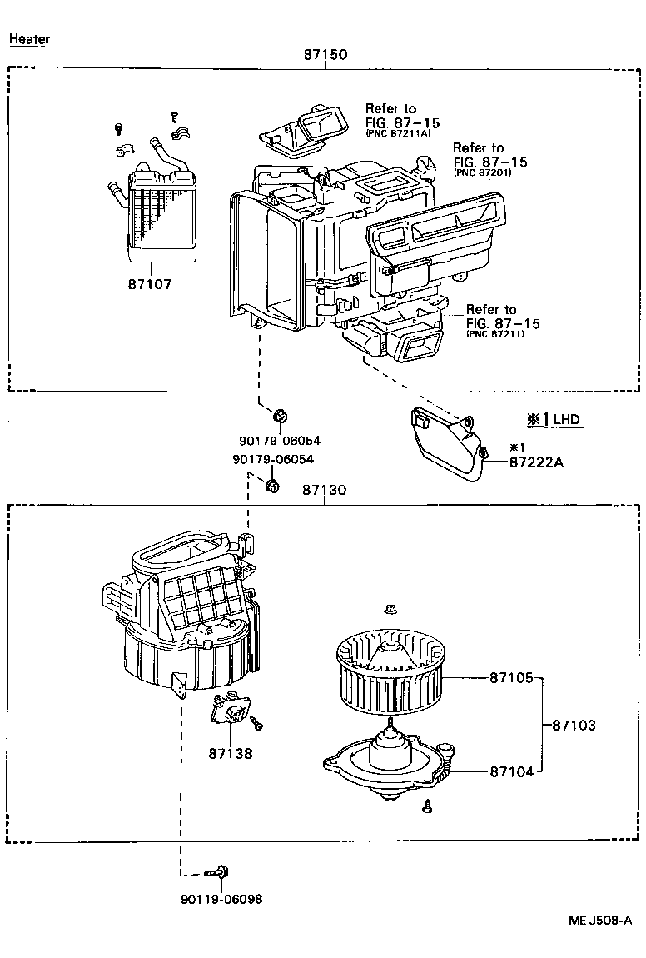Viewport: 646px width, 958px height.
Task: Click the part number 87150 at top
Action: coord(325,55)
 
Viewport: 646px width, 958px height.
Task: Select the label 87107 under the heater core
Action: coord(150,284)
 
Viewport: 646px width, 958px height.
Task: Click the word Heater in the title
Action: coord(30,39)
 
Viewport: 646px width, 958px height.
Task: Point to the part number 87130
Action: coord(325,491)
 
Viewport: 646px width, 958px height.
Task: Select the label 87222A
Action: coord(536,462)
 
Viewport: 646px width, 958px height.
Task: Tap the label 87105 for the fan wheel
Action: coord(510,678)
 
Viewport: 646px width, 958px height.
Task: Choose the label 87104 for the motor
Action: coord(510,771)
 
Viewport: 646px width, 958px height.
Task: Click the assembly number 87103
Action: coord(574,726)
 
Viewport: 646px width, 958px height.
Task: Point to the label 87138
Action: coord(231,753)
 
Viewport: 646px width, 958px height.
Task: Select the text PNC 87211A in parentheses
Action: coord(397,132)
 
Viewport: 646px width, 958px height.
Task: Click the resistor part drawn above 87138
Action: coord(231,713)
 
